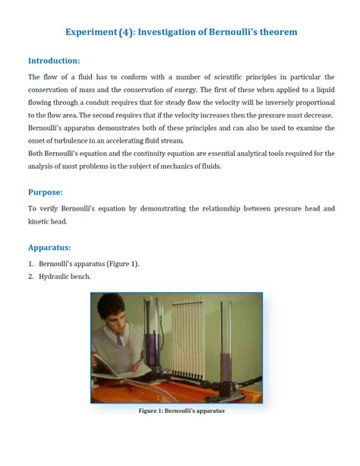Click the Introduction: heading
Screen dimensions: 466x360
54,61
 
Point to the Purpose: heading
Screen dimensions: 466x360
46,192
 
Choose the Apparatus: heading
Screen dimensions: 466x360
49,247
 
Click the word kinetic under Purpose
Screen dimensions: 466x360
40,221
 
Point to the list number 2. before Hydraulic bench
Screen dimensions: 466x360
31,277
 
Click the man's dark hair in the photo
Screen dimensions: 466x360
112,303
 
